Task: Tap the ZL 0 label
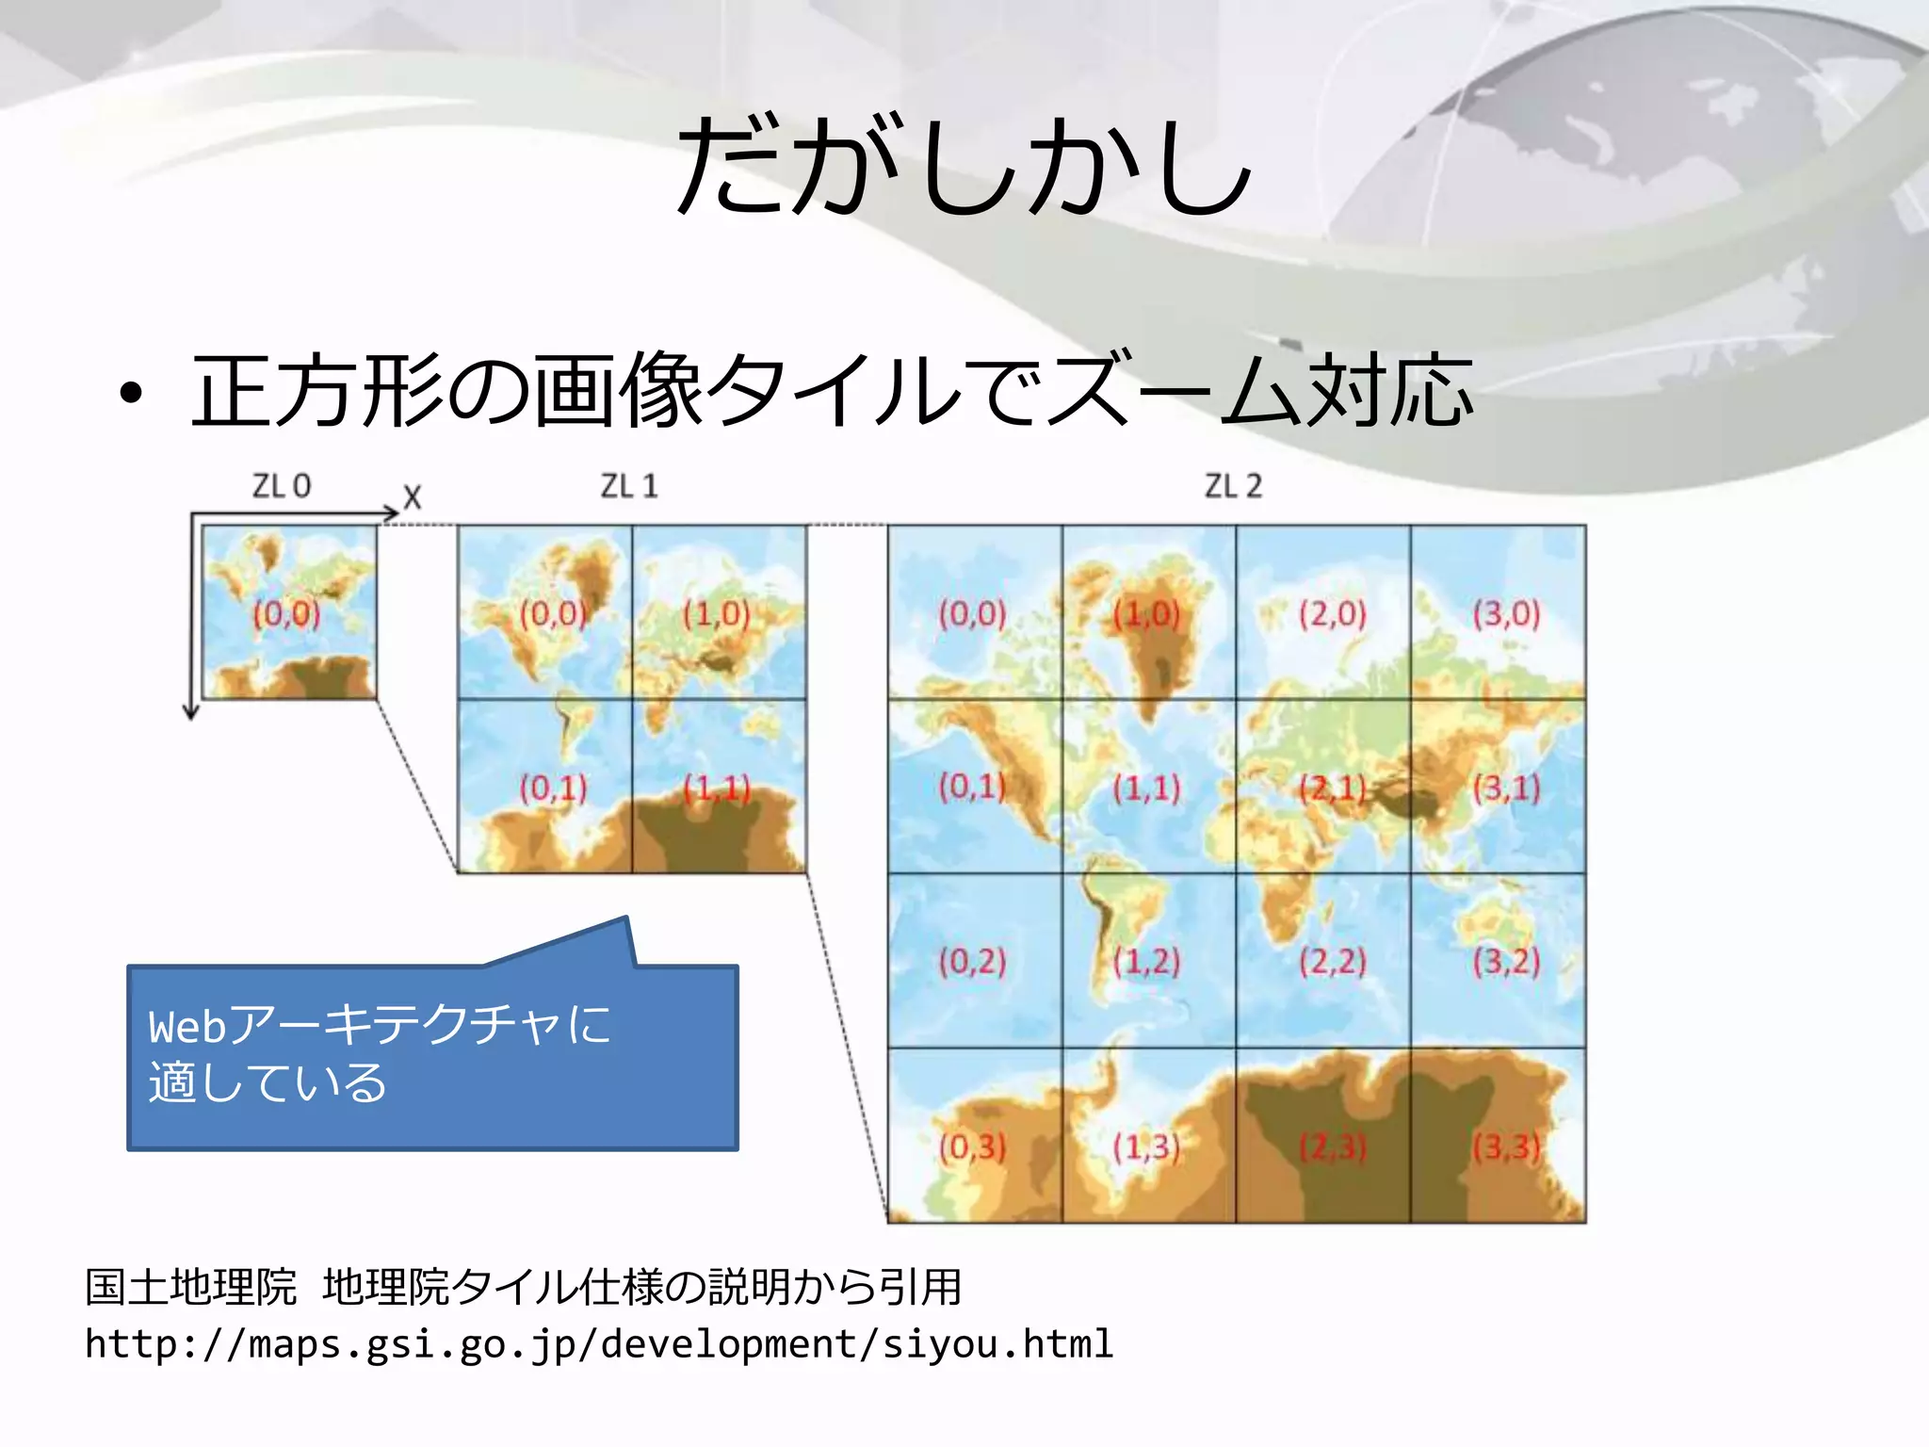281,486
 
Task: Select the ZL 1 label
629,486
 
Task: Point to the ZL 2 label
1233,486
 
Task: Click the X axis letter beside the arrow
413,497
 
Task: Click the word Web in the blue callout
187,1027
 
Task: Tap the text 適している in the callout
267,1082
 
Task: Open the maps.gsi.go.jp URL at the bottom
599,1344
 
